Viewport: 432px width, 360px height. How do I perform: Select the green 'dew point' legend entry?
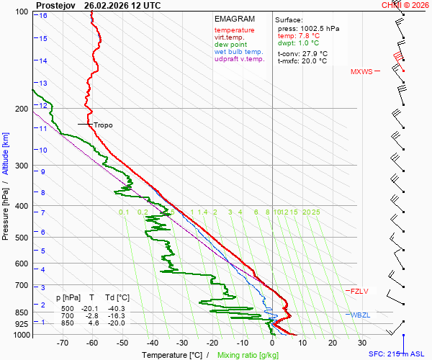point(231,45)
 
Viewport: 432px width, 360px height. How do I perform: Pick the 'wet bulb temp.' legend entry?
point(238,52)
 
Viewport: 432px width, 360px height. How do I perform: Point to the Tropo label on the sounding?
point(103,125)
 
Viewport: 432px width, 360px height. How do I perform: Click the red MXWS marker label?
point(362,72)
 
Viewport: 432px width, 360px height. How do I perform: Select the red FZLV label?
point(359,292)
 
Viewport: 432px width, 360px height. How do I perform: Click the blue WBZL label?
point(360,315)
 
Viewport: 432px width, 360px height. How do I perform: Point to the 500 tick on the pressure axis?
point(19,238)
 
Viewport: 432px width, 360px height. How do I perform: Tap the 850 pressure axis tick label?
point(19,312)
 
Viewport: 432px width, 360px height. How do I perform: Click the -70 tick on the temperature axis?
point(62,343)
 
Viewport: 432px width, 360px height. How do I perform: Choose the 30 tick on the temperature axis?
point(362,343)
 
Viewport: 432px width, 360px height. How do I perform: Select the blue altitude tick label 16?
point(43,15)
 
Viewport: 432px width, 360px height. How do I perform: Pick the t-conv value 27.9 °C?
point(313,53)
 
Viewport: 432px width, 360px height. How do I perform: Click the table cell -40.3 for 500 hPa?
point(117,308)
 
